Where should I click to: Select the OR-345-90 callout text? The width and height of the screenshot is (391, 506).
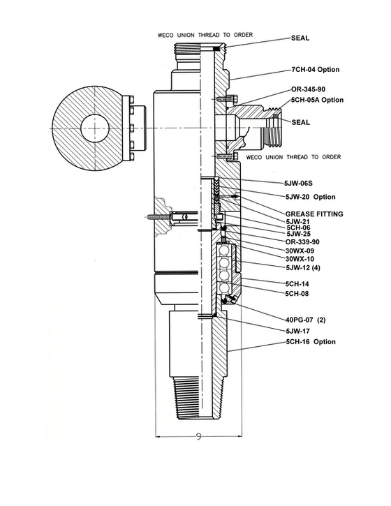coord(311,90)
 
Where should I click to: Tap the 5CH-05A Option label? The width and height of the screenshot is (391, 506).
coord(317,100)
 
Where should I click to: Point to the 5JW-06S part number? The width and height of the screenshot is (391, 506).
coord(301,181)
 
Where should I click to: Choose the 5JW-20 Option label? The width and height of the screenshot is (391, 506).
coord(310,197)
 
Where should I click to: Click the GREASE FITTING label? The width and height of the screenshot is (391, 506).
coord(314,214)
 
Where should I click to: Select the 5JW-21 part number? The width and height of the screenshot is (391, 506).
coord(300,221)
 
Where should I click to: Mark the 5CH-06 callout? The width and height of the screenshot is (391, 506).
coord(299,228)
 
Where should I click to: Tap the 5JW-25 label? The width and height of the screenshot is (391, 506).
coord(300,234)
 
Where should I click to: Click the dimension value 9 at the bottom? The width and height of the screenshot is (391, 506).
coord(199,438)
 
